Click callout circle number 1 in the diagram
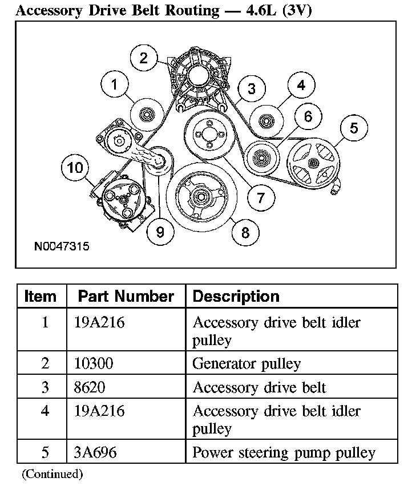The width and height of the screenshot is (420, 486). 115,84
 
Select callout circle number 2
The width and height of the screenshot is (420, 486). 143,57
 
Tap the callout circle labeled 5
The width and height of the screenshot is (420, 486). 354,128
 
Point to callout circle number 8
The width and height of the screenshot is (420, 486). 245,232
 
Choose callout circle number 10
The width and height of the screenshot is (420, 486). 75,168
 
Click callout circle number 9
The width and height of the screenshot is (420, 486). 160,232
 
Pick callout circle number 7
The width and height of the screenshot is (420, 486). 261,197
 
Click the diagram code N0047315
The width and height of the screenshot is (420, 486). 62,247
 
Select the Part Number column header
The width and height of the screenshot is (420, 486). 126,297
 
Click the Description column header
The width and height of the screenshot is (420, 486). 236,297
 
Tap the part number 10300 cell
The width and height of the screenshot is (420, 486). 94,363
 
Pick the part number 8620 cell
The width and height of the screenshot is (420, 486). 90,388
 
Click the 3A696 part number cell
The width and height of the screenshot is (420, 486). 95,452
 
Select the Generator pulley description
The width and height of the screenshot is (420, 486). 247,363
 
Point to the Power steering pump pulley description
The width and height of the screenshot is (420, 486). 284,452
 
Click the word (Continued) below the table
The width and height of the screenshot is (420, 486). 52,473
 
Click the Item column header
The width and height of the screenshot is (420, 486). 41,297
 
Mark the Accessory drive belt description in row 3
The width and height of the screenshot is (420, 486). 259,388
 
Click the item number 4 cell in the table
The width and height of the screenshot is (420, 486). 45,411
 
